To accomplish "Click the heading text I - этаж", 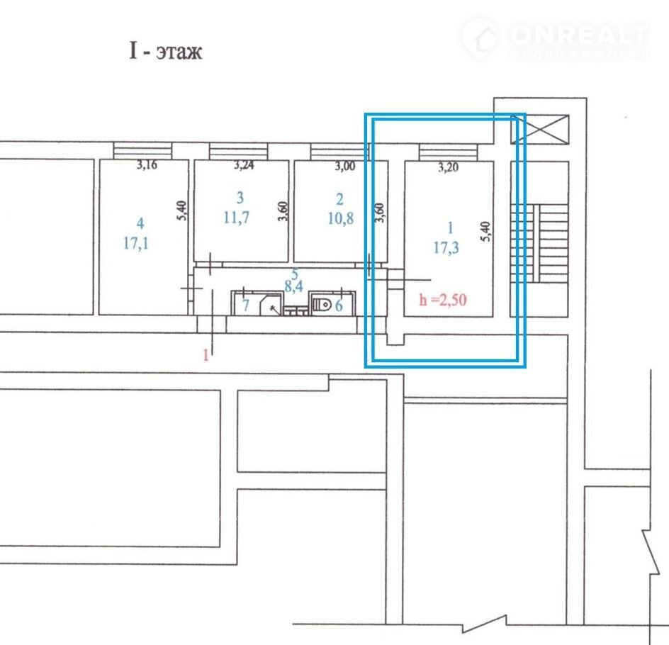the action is coord(166,51).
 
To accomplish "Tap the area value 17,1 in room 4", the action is coord(136,244).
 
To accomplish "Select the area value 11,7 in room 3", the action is coord(237,218).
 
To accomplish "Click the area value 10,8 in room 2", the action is coord(340,218).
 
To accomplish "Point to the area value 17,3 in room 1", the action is coord(446,247).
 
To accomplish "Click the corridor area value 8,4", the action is coord(294,286).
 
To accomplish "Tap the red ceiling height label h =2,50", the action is coord(443,300).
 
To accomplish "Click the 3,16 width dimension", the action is coord(147,164).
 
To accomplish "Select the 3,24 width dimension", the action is coord(244,165).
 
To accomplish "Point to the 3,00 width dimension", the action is coord(344,166).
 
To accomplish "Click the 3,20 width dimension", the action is coord(449,167).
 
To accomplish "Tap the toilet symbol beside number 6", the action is coord(322,305).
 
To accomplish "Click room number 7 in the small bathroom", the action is coord(246,305).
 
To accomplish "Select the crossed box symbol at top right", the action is coord(540,129).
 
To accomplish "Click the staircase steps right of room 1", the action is coord(539,243).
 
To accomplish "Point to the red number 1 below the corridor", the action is coord(206,355).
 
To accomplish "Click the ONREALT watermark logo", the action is coord(555,39).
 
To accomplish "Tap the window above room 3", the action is coord(239,152).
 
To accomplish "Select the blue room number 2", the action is coord(339,199).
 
